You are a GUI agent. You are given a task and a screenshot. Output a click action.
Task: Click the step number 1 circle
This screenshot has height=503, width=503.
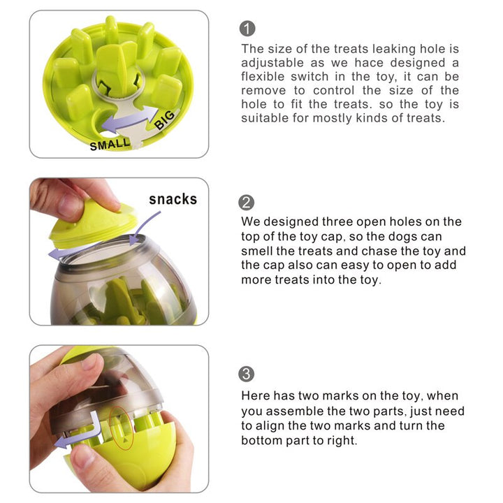[x=247, y=29]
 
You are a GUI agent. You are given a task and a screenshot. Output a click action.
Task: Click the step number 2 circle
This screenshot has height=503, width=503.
[x=247, y=203]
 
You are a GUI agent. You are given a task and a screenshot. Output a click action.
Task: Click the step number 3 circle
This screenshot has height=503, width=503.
[x=247, y=374]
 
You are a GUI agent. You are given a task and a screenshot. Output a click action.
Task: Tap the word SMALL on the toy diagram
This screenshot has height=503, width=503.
[x=110, y=145]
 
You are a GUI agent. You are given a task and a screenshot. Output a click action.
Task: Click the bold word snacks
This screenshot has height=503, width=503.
[x=173, y=199]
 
